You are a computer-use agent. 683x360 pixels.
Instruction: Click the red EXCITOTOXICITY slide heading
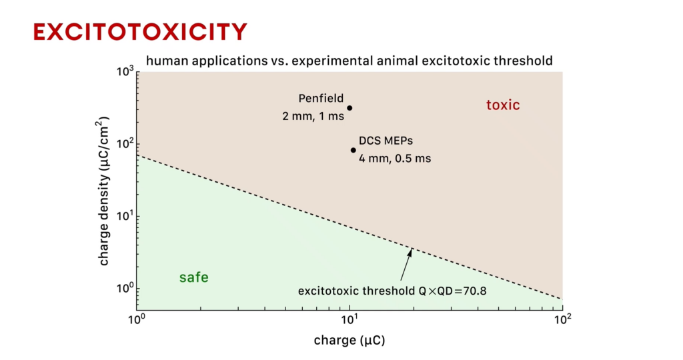tap(140, 32)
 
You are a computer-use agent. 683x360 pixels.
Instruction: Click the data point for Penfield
tap(350, 108)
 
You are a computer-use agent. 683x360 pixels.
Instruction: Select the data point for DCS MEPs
tap(354, 150)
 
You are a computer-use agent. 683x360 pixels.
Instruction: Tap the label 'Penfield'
tap(321, 99)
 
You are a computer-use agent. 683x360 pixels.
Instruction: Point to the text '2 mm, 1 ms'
tap(313, 116)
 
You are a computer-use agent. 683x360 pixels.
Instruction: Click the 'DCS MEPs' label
tap(386, 141)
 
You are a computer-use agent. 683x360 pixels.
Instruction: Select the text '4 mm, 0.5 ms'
tap(395, 159)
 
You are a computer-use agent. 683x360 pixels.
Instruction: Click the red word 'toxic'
tap(503, 105)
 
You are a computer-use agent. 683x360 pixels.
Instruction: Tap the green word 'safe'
tap(194, 277)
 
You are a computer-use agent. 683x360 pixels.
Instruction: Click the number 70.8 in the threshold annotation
tap(475, 291)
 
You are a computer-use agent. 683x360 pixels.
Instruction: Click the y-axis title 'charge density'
tap(103, 217)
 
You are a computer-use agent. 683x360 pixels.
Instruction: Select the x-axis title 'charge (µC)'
tap(350, 340)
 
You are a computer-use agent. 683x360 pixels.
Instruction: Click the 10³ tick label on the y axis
tap(125, 71)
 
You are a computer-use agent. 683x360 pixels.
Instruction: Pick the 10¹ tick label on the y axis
tap(125, 216)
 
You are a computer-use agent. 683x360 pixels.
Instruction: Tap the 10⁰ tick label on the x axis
tap(137, 320)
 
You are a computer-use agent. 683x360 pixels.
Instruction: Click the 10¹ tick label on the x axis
tap(350, 320)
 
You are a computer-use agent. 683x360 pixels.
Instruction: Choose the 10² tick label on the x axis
tap(562, 320)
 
